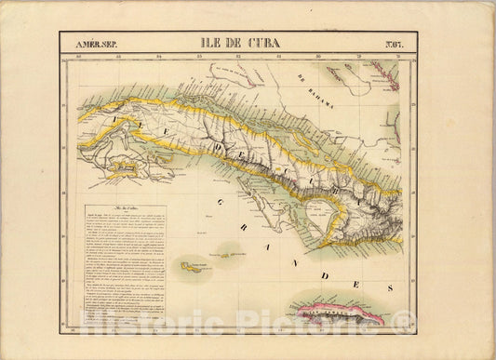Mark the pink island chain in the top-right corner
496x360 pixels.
click(385, 74)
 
